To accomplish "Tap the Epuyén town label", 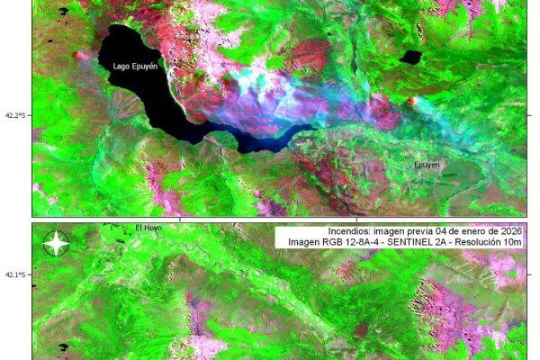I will tap(427, 166).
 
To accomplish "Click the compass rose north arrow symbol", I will tap(56, 243).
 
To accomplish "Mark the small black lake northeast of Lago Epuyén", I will tap(410, 58).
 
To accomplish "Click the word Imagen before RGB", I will tap(305, 243).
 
